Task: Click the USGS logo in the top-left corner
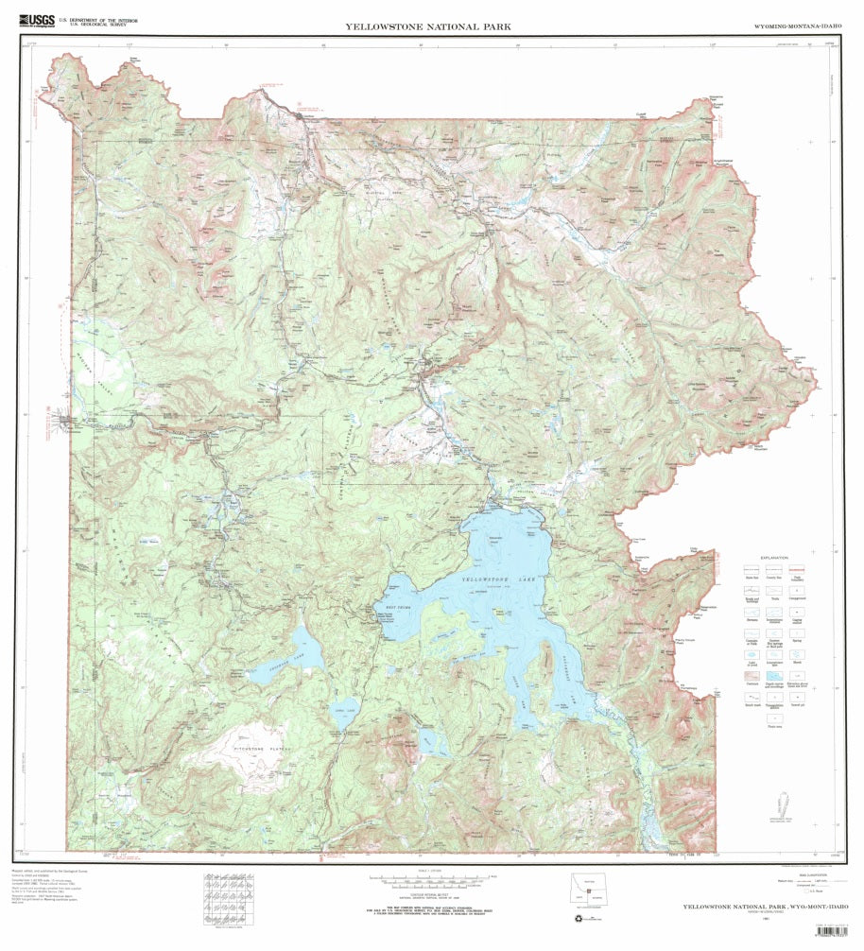(36, 19)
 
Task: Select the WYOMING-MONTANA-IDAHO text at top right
(797, 27)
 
